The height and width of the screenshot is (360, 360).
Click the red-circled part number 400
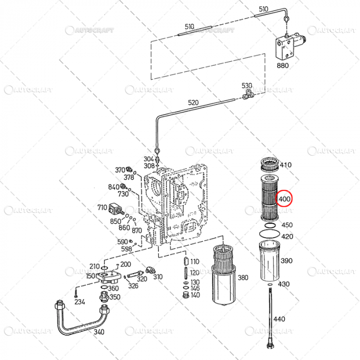coord(285,199)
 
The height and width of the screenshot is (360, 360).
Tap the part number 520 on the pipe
coord(193,103)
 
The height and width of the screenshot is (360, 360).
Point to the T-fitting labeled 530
coord(247,94)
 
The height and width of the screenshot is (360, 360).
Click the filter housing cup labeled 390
coord(269,263)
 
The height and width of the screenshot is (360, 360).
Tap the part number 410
coord(285,165)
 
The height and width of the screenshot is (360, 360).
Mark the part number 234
coord(80,302)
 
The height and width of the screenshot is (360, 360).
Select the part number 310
coord(157,277)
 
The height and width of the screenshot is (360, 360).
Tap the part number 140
coord(195,295)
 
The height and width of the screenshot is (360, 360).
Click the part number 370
coord(119,170)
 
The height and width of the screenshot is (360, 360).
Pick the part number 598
coord(127,248)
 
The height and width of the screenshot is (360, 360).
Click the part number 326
coord(133,286)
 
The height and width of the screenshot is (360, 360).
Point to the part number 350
coord(115,297)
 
